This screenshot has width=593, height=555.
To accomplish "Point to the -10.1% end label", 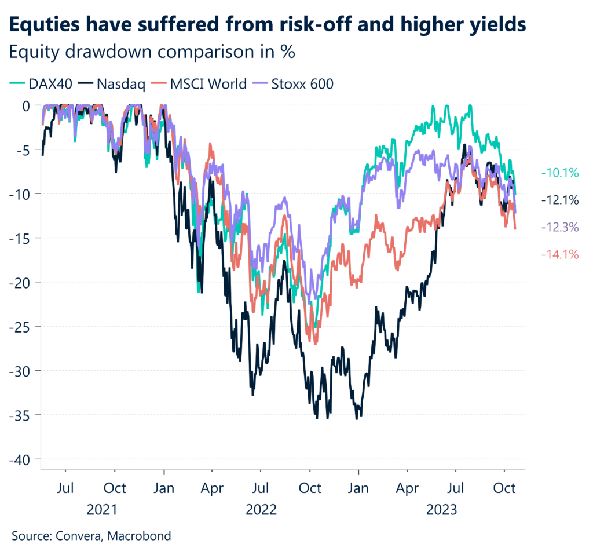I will pos(559,173).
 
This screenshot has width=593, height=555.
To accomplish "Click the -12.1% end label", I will pos(559,200).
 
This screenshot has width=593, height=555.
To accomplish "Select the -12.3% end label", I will pos(559,228).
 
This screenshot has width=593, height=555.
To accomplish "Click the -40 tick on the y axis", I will pos(21,459).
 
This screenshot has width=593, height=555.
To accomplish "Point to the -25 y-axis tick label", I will pos(21,326).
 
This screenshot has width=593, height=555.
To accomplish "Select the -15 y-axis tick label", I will pos(21,238).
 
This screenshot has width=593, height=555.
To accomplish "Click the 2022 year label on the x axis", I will pos(262,510).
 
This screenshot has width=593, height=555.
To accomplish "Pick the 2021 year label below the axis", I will pos(102,510).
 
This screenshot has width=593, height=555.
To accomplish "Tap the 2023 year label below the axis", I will pos(441,510).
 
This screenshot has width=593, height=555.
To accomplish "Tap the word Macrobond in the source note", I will pos(142,535).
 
